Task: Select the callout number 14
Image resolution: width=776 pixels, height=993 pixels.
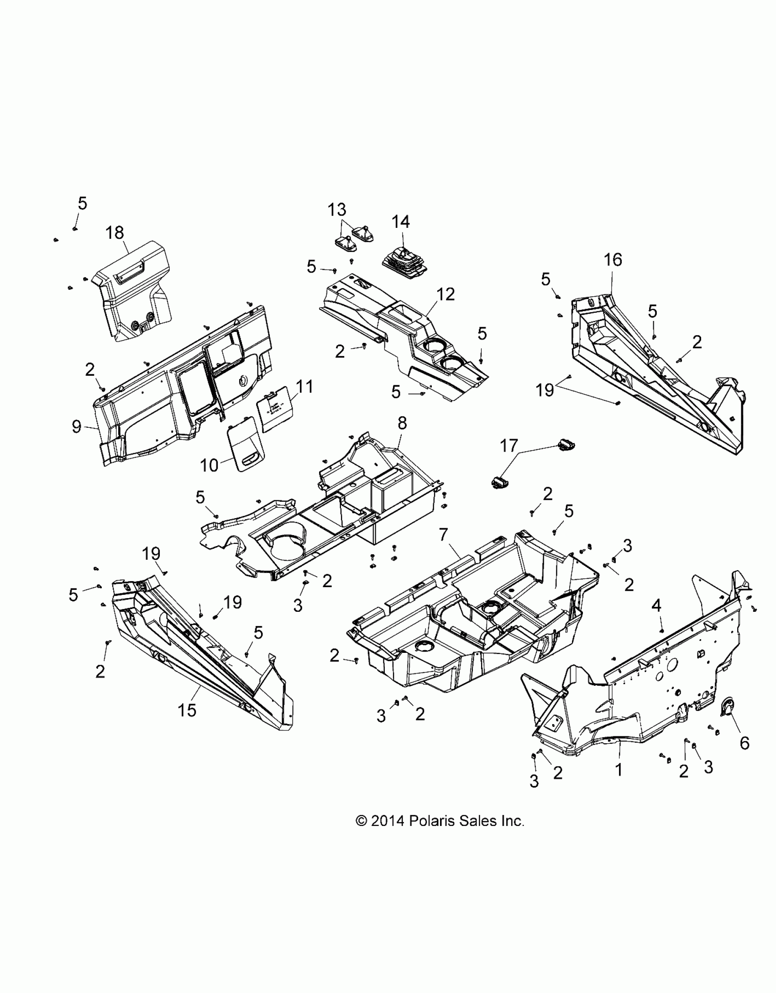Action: tap(400, 222)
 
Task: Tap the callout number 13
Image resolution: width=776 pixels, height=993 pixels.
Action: tap(336, 210)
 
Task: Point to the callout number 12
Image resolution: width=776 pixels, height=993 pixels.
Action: tap(446, 294)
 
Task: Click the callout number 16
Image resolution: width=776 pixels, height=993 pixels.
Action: tap(613, 260)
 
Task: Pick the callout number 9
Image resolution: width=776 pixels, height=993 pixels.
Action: tap(77, 426)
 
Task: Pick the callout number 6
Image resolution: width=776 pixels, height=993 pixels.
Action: tap(744, 743)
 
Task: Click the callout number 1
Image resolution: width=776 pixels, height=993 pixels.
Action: tap(619, 770)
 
